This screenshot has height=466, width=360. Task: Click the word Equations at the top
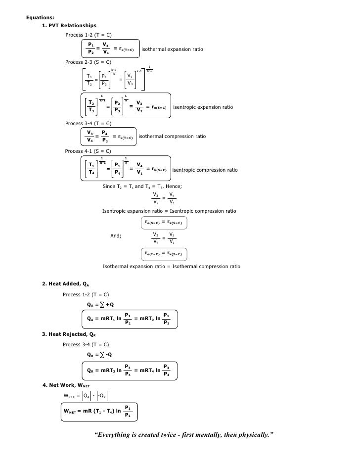click(x=40, y=17)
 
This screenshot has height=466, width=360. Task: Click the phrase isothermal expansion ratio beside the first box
click(x=172, y=50)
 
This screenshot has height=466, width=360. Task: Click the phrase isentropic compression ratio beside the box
click(x=205, y=170)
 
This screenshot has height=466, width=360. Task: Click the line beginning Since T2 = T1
click(x=142, y=186)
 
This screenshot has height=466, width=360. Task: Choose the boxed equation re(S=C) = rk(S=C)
click(x=165, y=223)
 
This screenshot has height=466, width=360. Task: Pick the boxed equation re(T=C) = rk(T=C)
click(x=165, y=254)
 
